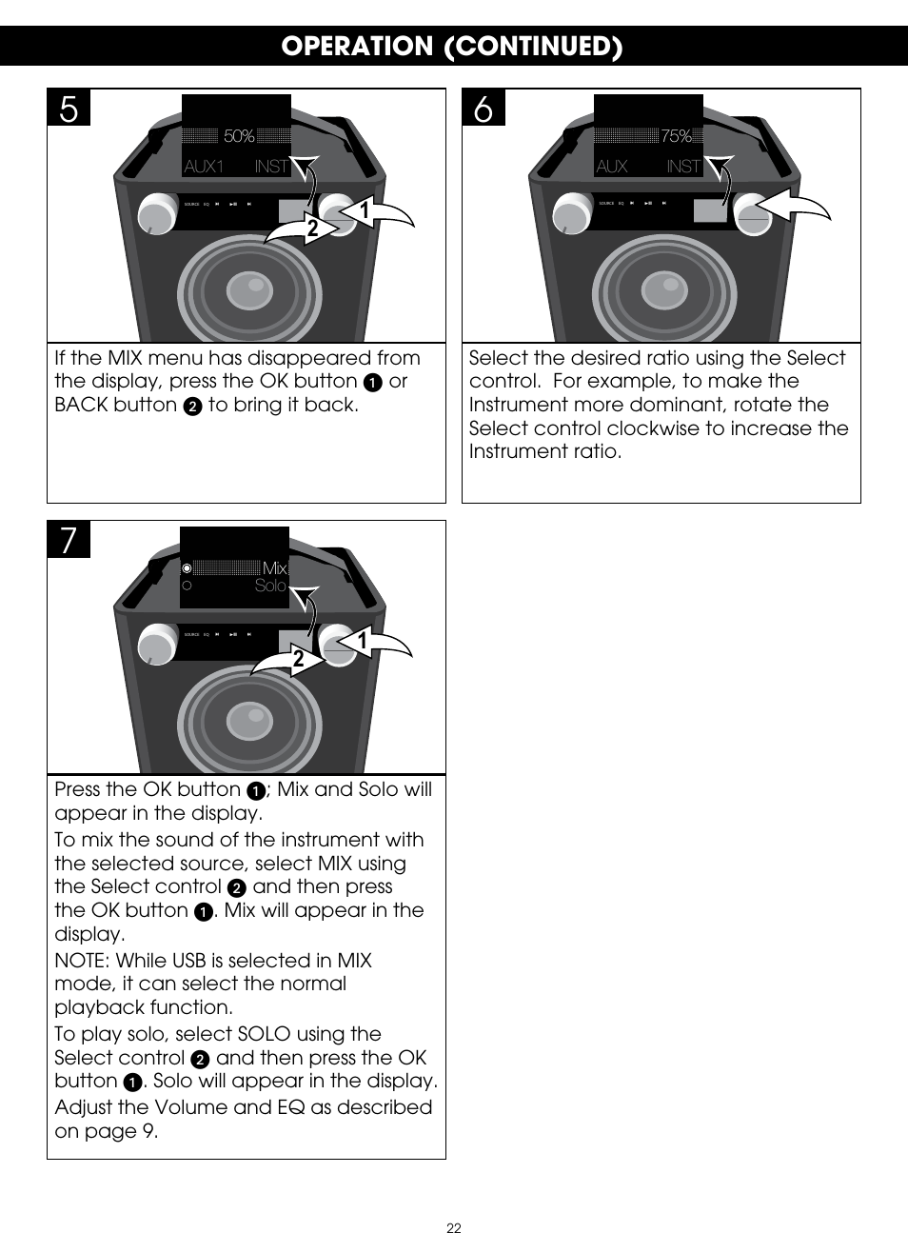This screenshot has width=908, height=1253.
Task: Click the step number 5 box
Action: coord(69,109)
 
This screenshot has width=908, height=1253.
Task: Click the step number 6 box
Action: coord(484,109)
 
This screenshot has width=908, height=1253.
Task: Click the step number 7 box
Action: coord(69,541)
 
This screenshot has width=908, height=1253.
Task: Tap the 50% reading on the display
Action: coord(239,137)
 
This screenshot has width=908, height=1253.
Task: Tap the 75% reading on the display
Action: coord(676,137)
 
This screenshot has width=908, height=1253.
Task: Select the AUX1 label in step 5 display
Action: coord(204,167)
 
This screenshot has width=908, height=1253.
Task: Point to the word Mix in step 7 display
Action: coord(274,568)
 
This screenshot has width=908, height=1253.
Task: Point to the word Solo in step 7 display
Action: coord(270,586)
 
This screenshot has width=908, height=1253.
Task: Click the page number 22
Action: coord(454,1228)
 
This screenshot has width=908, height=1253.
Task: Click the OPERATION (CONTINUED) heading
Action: coord(452,47)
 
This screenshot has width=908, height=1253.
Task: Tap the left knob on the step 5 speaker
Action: coord(155,214)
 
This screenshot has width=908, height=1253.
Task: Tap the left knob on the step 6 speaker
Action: coord(569,214)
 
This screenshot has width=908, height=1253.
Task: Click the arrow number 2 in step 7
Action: coord(298,659)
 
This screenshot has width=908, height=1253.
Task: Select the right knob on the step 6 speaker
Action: coord(750,211)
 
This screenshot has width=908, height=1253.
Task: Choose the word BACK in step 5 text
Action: coord(83,405)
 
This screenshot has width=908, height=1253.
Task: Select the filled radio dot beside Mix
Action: coord(188,568)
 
